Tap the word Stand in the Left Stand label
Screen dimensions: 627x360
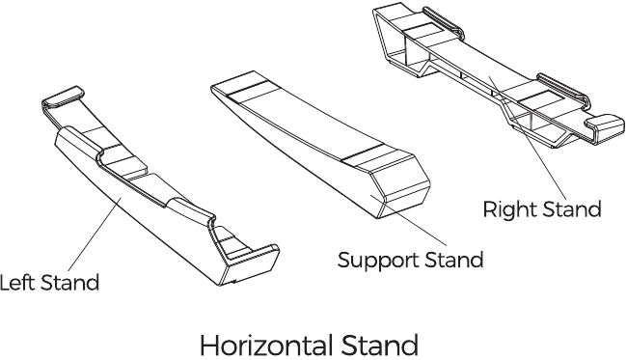coord(69,283)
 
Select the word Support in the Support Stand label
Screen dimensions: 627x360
coord(378,260)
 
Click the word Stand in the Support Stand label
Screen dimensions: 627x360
coord(453,260)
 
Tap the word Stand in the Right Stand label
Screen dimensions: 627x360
coord(571,209)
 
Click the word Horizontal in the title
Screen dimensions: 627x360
coord(266,345)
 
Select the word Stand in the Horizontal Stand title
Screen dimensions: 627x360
coord(380,345)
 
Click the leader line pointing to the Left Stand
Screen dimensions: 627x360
coord(95,234)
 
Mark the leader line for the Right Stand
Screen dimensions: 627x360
coord(528,137)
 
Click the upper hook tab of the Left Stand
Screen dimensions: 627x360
coord(63,97)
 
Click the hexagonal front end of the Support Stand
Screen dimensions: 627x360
coord(401,188)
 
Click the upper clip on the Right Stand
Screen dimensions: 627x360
coord(442,22)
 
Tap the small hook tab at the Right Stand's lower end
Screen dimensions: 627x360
coord(605,126)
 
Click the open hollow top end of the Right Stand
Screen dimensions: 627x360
coord(395,38)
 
